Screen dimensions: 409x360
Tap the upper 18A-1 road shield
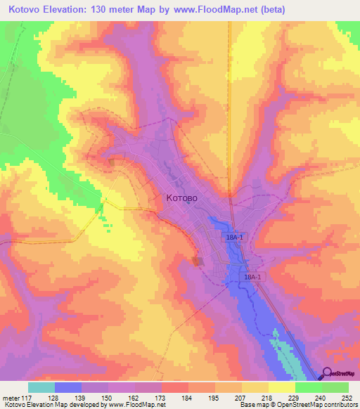coord(236,238)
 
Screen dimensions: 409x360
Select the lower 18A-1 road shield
coord(252,278)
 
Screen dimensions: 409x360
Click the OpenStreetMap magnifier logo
coord(328,374)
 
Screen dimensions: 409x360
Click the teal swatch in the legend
coord(41,387)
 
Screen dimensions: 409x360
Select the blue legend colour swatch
coord(68,387)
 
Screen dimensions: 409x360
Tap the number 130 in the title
coord(100,9)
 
